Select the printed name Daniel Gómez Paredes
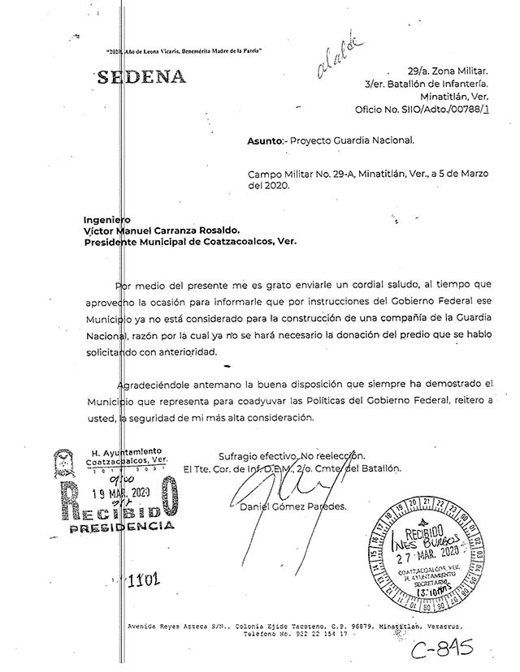click(x=292, y=507)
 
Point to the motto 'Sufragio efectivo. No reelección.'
click(x=292, y=455)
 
